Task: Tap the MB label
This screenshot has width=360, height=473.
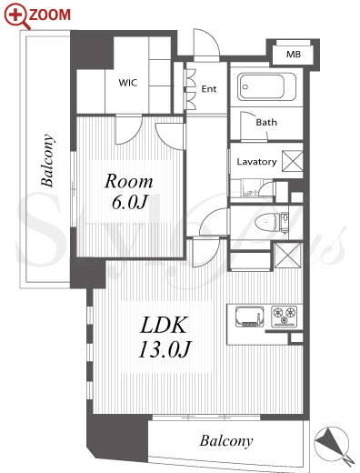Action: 294,55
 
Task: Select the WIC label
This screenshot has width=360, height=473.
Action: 128,83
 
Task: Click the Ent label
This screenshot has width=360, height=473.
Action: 209,89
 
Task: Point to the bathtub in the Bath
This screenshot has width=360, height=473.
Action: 266,86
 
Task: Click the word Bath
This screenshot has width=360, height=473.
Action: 266,122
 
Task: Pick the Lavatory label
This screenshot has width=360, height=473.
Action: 256,162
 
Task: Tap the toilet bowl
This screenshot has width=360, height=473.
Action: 267,221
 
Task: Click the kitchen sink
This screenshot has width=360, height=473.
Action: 249,317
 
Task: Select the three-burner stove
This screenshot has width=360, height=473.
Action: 285,317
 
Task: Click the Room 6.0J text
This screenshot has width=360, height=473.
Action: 129,192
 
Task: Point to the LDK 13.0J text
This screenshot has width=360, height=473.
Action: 165,337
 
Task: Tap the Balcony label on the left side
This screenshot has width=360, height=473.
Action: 48,160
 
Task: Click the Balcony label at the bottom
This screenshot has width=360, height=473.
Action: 226,441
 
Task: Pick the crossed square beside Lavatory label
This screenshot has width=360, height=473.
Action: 293,161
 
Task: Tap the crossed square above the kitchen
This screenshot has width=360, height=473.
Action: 288,256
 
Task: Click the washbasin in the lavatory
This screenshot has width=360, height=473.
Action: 251,188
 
